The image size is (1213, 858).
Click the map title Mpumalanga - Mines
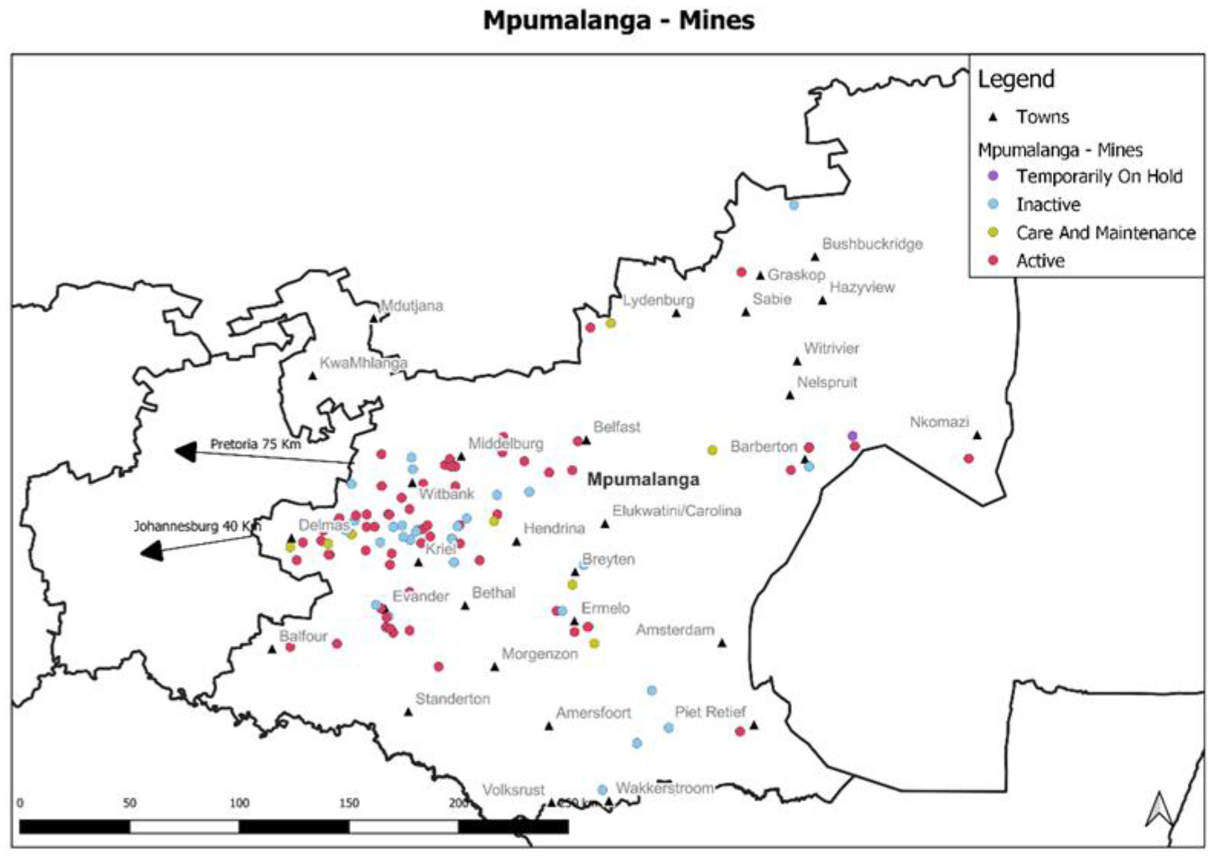click(618, 20)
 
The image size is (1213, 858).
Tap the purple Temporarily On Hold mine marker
click(852, 436)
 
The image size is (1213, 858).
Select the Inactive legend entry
click(1047, 204)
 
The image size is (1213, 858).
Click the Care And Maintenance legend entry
click(1105, 233)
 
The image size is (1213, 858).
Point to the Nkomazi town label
click(939, 422)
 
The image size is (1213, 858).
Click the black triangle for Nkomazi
click(977, 436)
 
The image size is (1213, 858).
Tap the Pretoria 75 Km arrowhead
click(186, 451)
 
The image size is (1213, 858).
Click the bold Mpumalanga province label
click(643, 479)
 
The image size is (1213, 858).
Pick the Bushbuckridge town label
click(871, 244)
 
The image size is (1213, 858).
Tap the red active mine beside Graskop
click(741, 273)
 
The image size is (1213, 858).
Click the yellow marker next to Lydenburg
click(611, 323)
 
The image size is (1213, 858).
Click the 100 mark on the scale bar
click(239, 803)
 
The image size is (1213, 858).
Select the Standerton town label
click(452, 698)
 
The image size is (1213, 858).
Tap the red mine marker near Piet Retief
click(739, 731)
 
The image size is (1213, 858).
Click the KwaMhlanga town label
click(363, 363)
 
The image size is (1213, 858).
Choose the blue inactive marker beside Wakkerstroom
click(602, 790)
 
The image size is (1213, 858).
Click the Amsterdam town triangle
click(722, 643)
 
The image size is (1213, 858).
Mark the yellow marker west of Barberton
click(712, 450)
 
